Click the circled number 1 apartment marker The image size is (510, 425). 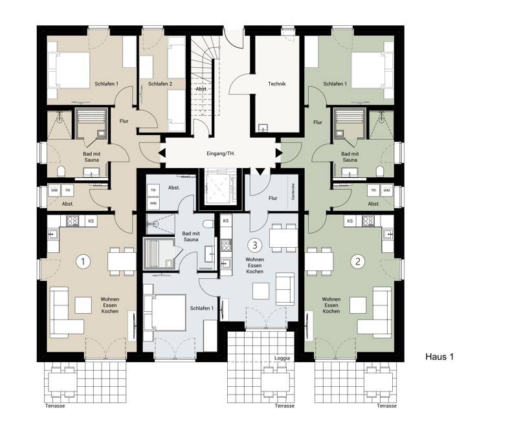pyautogui.click(x=83, y=261)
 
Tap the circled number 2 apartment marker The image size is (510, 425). pyautogui.click(x=358, y=261)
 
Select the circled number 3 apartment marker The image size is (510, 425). pyautogui.click(x=254, y=245)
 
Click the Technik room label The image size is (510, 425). pyautogui.click(x=277, y=84)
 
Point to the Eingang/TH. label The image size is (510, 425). pyautogui.click(x=221, y=153)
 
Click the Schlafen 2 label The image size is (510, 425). pyautogui.click(x=160, y=84)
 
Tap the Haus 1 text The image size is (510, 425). pyautogui.click(x=439, y=356)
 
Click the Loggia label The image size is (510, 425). pyautogui.click(x=282, y=358)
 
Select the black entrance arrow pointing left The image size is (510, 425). pyautogui.click(x=162, y=153)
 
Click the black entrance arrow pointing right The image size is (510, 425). pyautogui.click(x=279, y=153)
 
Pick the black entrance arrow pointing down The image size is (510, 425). pyautogui.click(x=261, y=171)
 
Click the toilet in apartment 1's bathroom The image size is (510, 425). pyautogui.click(x=61, y=171)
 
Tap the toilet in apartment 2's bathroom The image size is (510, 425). pyautogui.click(x=380, y=171)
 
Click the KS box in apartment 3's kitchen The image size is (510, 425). pyautogui.click(x=226, y=221)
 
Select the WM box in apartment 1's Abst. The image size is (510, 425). pyautogui.click(x=54, y=190)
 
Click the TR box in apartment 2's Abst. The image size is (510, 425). pyautogui.click(x=373, y=190)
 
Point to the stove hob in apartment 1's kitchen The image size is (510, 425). pyautogui.click(x=72, y=221)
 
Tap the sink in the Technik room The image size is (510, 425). pyautogui.click(x=263, y=128)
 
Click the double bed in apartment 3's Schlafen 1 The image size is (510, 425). pyautogui.click(x=164, y=312)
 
